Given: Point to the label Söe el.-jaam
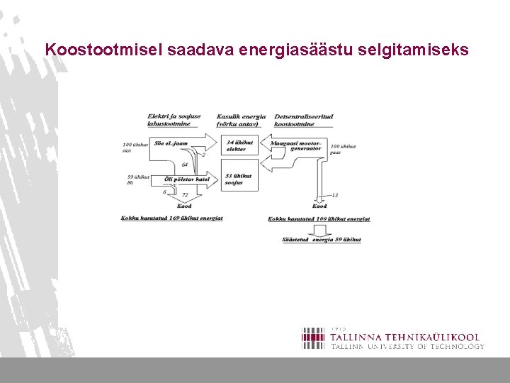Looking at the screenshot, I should click(x=172, y=143).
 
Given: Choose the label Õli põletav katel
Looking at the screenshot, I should click(x=186, y=179).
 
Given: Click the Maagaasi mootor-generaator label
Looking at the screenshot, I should click(x=296, y=145).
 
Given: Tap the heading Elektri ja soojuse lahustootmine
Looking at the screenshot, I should click(x=174, y=120).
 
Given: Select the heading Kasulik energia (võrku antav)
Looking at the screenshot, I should click(x=241, y=120).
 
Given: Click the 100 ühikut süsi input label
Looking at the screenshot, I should click(x=135, y=147).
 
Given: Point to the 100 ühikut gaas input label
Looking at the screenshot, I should click(x=343, y=149).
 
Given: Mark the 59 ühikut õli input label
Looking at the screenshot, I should click(x=137, y=179).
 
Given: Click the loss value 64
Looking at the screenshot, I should click(x=185, y=165).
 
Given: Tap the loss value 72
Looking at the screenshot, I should click(x=185, y=194).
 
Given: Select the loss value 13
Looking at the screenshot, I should click(x=334, y=194).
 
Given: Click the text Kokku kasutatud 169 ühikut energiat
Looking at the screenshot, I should click(x=171, y=218).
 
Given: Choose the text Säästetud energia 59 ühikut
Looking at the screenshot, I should click(x=321, y=240).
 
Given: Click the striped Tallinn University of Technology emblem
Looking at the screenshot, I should click(x=313, y=338).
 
